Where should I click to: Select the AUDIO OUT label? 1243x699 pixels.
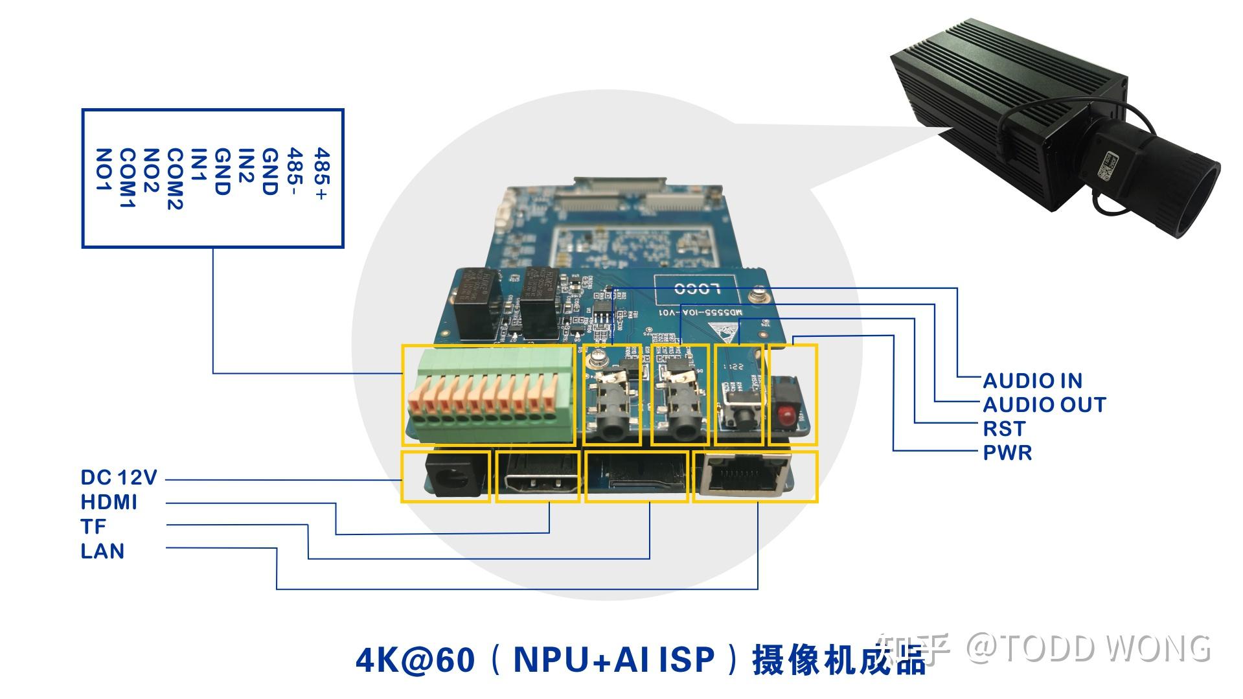point(1044,405)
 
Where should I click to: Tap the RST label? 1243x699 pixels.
point(1004,429)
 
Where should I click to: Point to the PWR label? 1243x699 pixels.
point(1007,452)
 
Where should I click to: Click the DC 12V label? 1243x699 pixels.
point(119,477)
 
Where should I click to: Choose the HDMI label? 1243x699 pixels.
point(109,502)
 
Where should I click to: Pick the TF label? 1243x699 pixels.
point(93,527)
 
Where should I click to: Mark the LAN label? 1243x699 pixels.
point(102,551)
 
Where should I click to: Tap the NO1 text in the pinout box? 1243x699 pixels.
point(104,170)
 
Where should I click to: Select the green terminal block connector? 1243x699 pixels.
point(490,396)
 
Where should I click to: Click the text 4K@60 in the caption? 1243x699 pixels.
point(415,660)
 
